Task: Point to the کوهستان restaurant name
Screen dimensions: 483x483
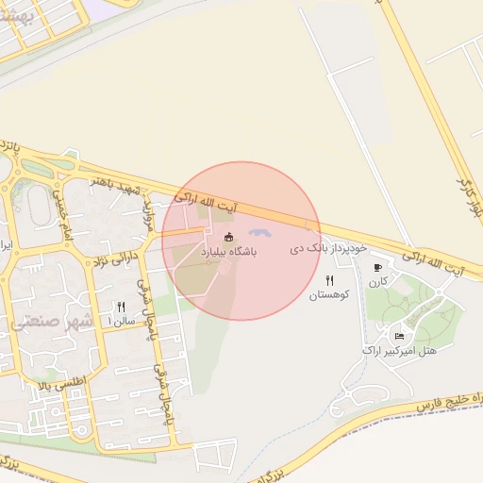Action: [329, 295]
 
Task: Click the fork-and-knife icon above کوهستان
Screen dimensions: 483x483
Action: [329, 280]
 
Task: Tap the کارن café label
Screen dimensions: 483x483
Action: [379, 282]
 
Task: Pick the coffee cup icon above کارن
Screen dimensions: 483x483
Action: [378, 268]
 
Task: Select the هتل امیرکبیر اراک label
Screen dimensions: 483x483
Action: [399, 351]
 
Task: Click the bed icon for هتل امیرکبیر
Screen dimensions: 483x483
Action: [399, 336]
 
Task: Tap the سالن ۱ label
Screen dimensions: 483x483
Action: [122, 322]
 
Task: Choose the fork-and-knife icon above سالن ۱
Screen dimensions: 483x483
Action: [121, 307]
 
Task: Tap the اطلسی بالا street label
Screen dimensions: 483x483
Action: [58, 383]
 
